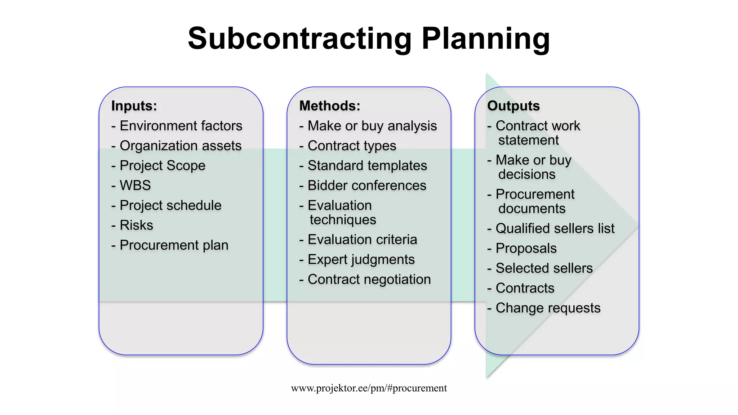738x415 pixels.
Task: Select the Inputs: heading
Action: click(134, 106)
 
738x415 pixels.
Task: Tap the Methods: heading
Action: click(330, 106)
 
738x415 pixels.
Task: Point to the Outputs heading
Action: click(514, 106)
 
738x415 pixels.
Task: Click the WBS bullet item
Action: click(135, 185)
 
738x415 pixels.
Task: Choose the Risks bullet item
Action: click(136, 225)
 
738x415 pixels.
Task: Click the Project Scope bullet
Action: click(162, 165)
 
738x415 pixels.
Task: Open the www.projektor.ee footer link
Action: click(369, 388)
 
